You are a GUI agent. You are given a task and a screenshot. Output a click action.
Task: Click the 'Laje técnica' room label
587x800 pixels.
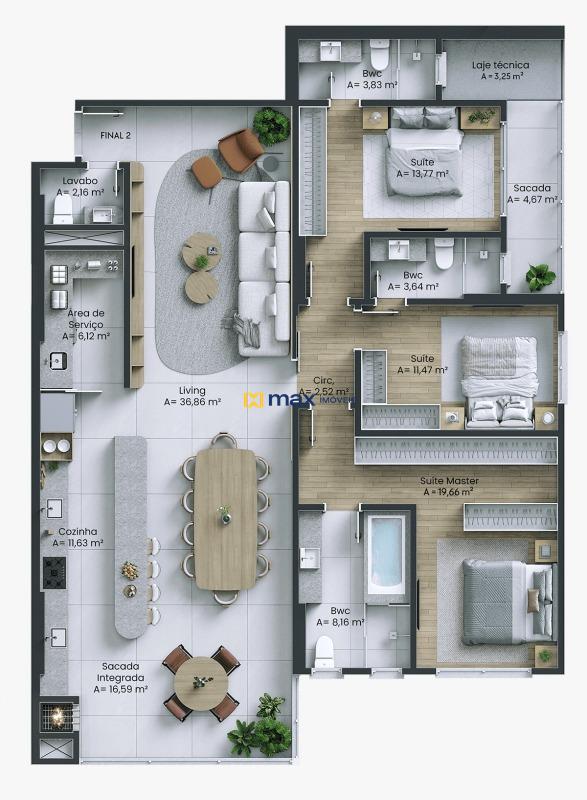pos(500,65)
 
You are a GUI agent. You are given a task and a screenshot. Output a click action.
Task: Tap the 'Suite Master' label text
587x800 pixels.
pos(450,481)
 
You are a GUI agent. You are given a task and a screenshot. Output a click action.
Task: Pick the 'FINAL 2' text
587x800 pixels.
pos(116,134)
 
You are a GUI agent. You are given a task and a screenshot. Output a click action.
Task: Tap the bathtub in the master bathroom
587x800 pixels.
pos(385,553)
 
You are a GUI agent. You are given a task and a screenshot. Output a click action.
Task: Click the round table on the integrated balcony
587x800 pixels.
pos(202,682)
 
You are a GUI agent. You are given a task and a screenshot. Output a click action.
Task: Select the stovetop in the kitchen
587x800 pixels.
pos(53,572)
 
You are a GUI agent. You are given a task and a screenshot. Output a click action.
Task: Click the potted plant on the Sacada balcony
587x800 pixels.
pos(540,276)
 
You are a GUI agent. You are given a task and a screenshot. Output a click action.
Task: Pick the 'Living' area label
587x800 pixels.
pos(192,390)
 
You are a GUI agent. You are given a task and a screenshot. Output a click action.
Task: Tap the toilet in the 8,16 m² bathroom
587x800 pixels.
pos(324,652)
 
